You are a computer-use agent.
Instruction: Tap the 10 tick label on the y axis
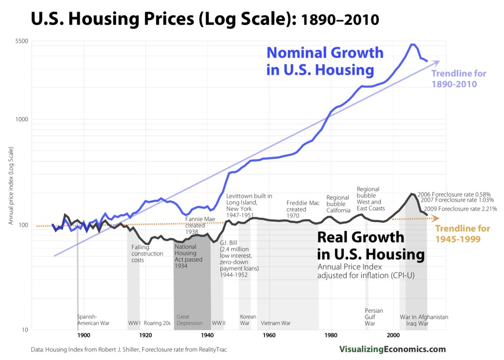(x=24, y=330)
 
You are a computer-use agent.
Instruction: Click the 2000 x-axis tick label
(x=393, y=335)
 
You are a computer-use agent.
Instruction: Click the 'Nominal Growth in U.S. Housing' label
(x=325, y=61)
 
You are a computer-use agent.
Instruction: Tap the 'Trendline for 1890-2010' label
(x=459, y=79)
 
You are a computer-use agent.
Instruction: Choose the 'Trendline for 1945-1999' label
(x=463, y=233)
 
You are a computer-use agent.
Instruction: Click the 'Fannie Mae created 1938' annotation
(x=198, y=226)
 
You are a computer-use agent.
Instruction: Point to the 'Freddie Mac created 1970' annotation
(x=302, y=209)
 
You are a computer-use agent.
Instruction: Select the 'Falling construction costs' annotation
(x=147, y=254)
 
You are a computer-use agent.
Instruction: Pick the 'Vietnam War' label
(x=276, y=323)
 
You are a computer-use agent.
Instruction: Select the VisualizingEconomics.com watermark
(x=392, y=349)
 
